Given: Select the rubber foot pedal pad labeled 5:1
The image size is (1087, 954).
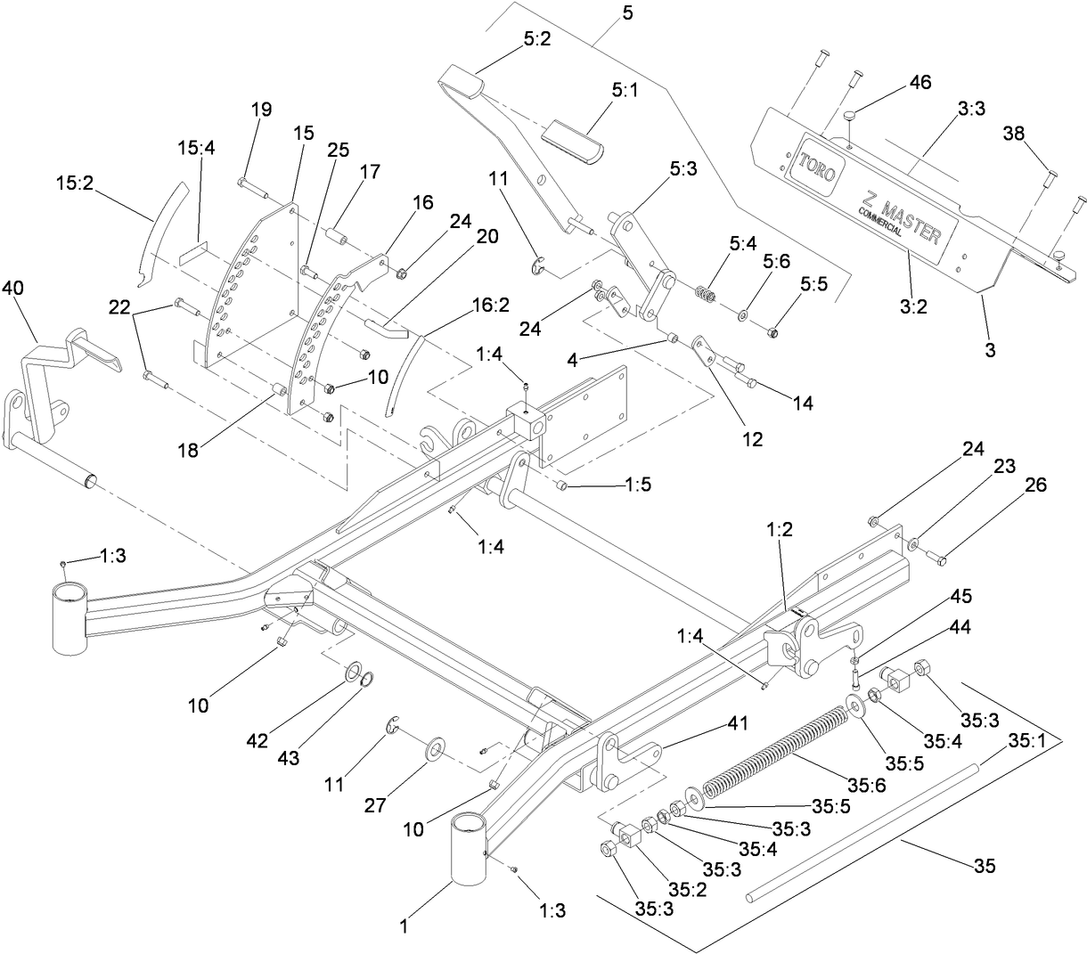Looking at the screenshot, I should tap(572, 143).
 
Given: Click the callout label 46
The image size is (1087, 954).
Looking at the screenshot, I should tap(919, 82).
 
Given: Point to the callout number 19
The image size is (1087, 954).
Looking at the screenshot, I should tap(260, 109).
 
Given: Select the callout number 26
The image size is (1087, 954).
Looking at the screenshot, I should tap(1035, 485).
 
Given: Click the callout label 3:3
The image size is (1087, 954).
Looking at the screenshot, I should tap(971, 109).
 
